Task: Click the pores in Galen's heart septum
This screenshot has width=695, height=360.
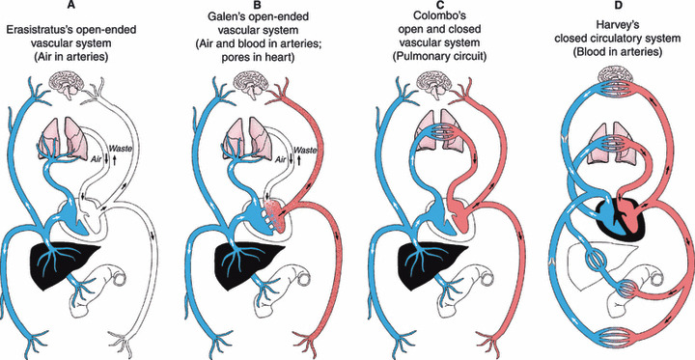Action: click(266, 218)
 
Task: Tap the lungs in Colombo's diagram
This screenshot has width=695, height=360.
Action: click(435, 131)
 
